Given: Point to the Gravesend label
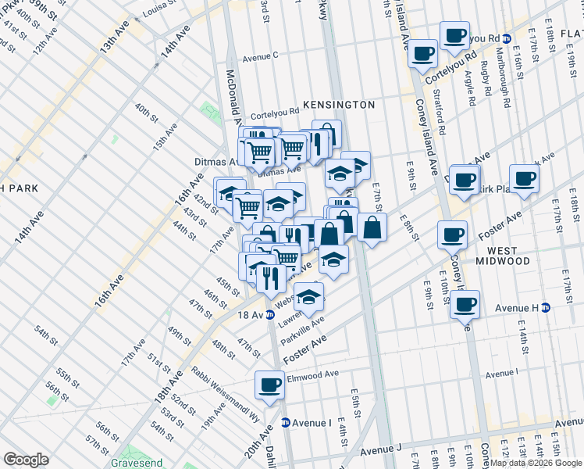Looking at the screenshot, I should tap(137, 462).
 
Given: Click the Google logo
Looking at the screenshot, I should tap(26, 460).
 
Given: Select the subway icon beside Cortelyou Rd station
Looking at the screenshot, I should tap(507, 38).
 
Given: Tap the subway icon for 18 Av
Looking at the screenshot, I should tap(270, 314).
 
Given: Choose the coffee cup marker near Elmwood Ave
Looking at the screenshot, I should tap(270, 385).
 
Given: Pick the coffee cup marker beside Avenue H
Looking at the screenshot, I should tap(465, 303).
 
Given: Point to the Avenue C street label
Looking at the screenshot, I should tap(260, 56).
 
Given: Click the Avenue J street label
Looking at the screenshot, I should tap(380, 449).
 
